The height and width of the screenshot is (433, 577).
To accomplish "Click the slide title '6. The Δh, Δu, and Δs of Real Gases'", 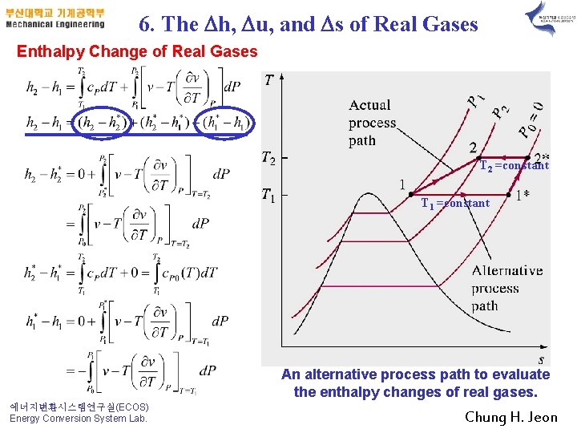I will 309,24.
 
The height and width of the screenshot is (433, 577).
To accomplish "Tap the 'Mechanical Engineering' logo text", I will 54,24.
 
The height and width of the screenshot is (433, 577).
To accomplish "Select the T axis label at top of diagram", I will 268,79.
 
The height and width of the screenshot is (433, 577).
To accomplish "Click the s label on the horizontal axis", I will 542,359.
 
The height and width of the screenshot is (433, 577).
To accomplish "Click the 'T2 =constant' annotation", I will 514,165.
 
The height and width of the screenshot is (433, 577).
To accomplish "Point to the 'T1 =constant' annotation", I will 455,203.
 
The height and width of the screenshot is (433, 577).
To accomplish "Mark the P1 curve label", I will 475,99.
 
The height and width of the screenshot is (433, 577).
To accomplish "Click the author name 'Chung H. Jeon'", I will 512,417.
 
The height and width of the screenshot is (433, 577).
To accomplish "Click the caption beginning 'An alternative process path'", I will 415,383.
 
